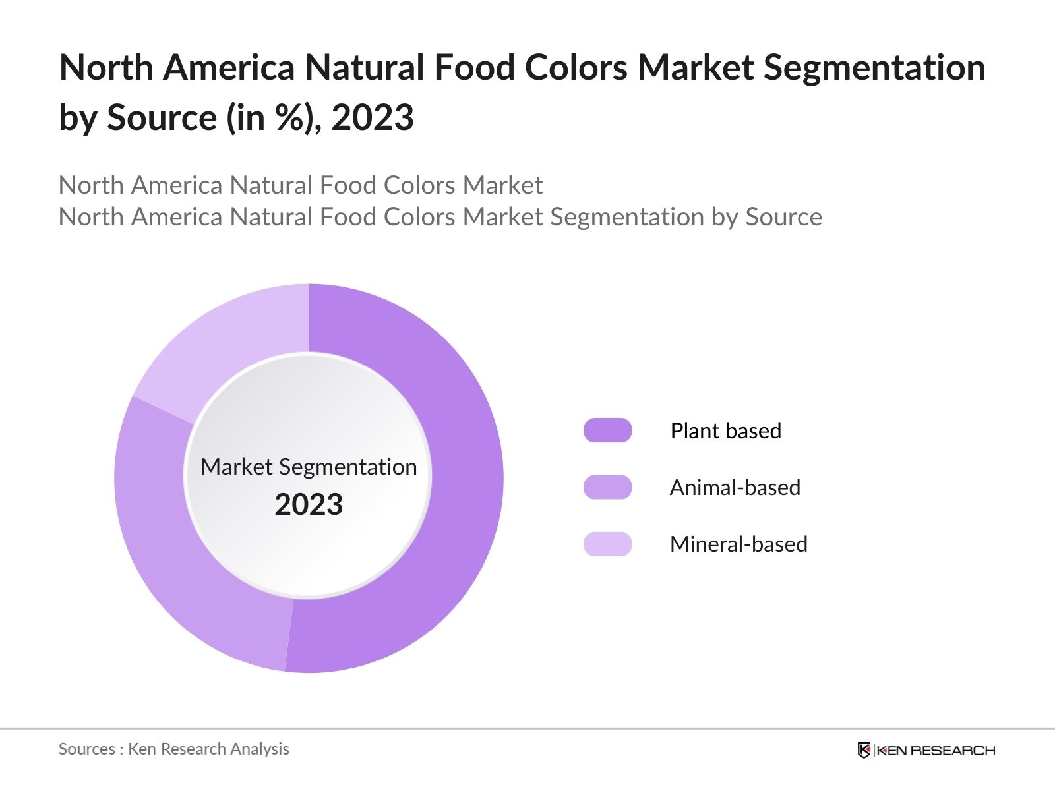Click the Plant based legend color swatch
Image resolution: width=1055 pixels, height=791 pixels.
pos(607,430)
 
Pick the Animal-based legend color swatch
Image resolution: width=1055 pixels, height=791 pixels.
pos(607,487)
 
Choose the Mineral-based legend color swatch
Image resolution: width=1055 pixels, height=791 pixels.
pos(607,544)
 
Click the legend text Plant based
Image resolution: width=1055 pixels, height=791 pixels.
pos(725,430)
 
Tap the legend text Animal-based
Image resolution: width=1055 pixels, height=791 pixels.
pos(735,487)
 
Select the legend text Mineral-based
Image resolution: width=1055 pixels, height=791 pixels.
pos(738,544)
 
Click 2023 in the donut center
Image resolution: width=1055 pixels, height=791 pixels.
pos(309,505)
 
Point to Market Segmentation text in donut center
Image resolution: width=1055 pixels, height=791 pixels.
pos(309,467)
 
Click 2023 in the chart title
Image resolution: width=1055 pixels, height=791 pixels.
pos(373,118)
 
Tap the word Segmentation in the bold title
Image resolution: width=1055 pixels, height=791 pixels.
pos(874,68)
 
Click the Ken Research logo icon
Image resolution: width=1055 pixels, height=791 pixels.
pos(864,750)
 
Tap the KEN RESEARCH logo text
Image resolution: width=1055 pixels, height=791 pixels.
pos(936,750)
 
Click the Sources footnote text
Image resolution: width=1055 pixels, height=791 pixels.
pos(173,749)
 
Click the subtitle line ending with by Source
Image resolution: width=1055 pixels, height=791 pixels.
pos(440,217)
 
